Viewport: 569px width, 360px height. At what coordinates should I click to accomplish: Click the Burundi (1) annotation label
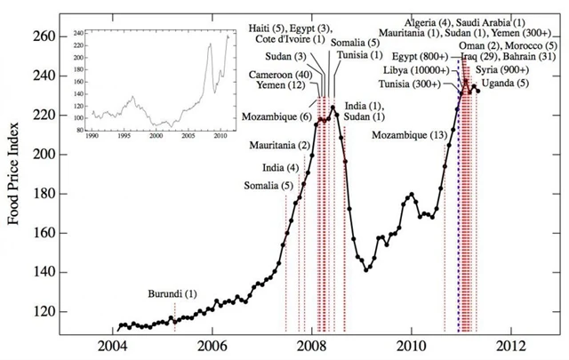coord(173,293)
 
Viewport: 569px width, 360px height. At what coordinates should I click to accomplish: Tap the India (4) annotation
coord(280,168)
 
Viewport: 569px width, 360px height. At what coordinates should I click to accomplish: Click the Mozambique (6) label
coord(275,116)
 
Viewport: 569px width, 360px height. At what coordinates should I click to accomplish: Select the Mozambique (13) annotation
coord(409,134)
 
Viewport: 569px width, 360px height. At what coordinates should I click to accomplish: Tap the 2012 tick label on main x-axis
coord(510,345)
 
